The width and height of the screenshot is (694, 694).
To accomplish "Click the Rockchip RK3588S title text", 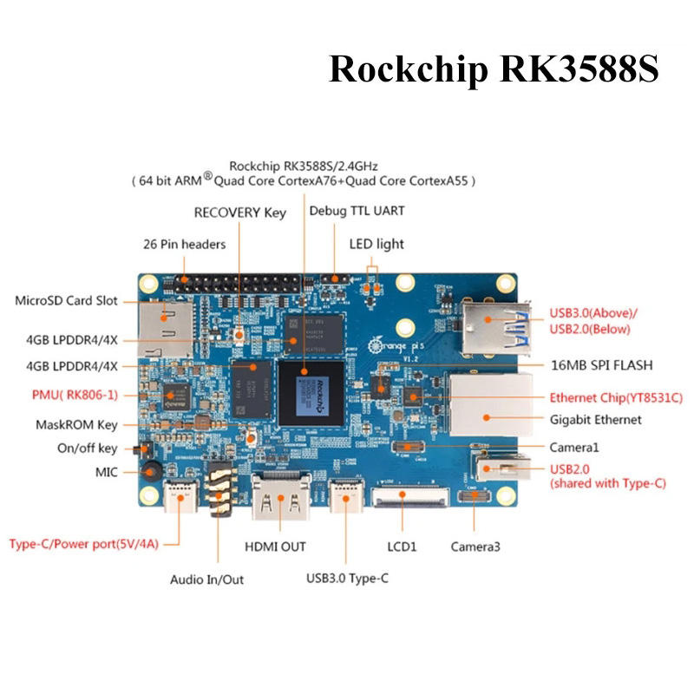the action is [494, 69].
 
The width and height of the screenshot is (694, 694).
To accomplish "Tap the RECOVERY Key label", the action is [240, 213].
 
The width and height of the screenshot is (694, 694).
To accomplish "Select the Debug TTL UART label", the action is [357, 211].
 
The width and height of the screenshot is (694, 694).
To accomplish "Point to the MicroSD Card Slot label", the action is [67, 301].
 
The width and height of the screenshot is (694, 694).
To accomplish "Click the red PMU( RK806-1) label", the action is [75, 395].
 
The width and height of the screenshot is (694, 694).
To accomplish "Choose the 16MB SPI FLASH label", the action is [601, 365].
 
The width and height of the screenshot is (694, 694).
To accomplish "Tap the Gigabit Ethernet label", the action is [595, 420].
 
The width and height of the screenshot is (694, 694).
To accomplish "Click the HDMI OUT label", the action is [275, 547].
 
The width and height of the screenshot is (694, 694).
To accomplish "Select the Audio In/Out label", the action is [206, 579].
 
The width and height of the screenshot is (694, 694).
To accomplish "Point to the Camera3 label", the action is [475, 547].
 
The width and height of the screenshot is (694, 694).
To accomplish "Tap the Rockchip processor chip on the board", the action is [311, 394].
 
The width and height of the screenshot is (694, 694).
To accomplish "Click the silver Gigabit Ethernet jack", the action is [491, 405].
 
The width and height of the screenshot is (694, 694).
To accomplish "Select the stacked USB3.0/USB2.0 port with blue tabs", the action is [495, 328].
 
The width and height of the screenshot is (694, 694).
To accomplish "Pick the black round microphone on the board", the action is [151, 471].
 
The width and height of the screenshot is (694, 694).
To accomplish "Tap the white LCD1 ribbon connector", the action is [409, 497].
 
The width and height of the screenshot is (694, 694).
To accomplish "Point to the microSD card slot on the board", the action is [165, 330].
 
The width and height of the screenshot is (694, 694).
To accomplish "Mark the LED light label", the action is [376, 244].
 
